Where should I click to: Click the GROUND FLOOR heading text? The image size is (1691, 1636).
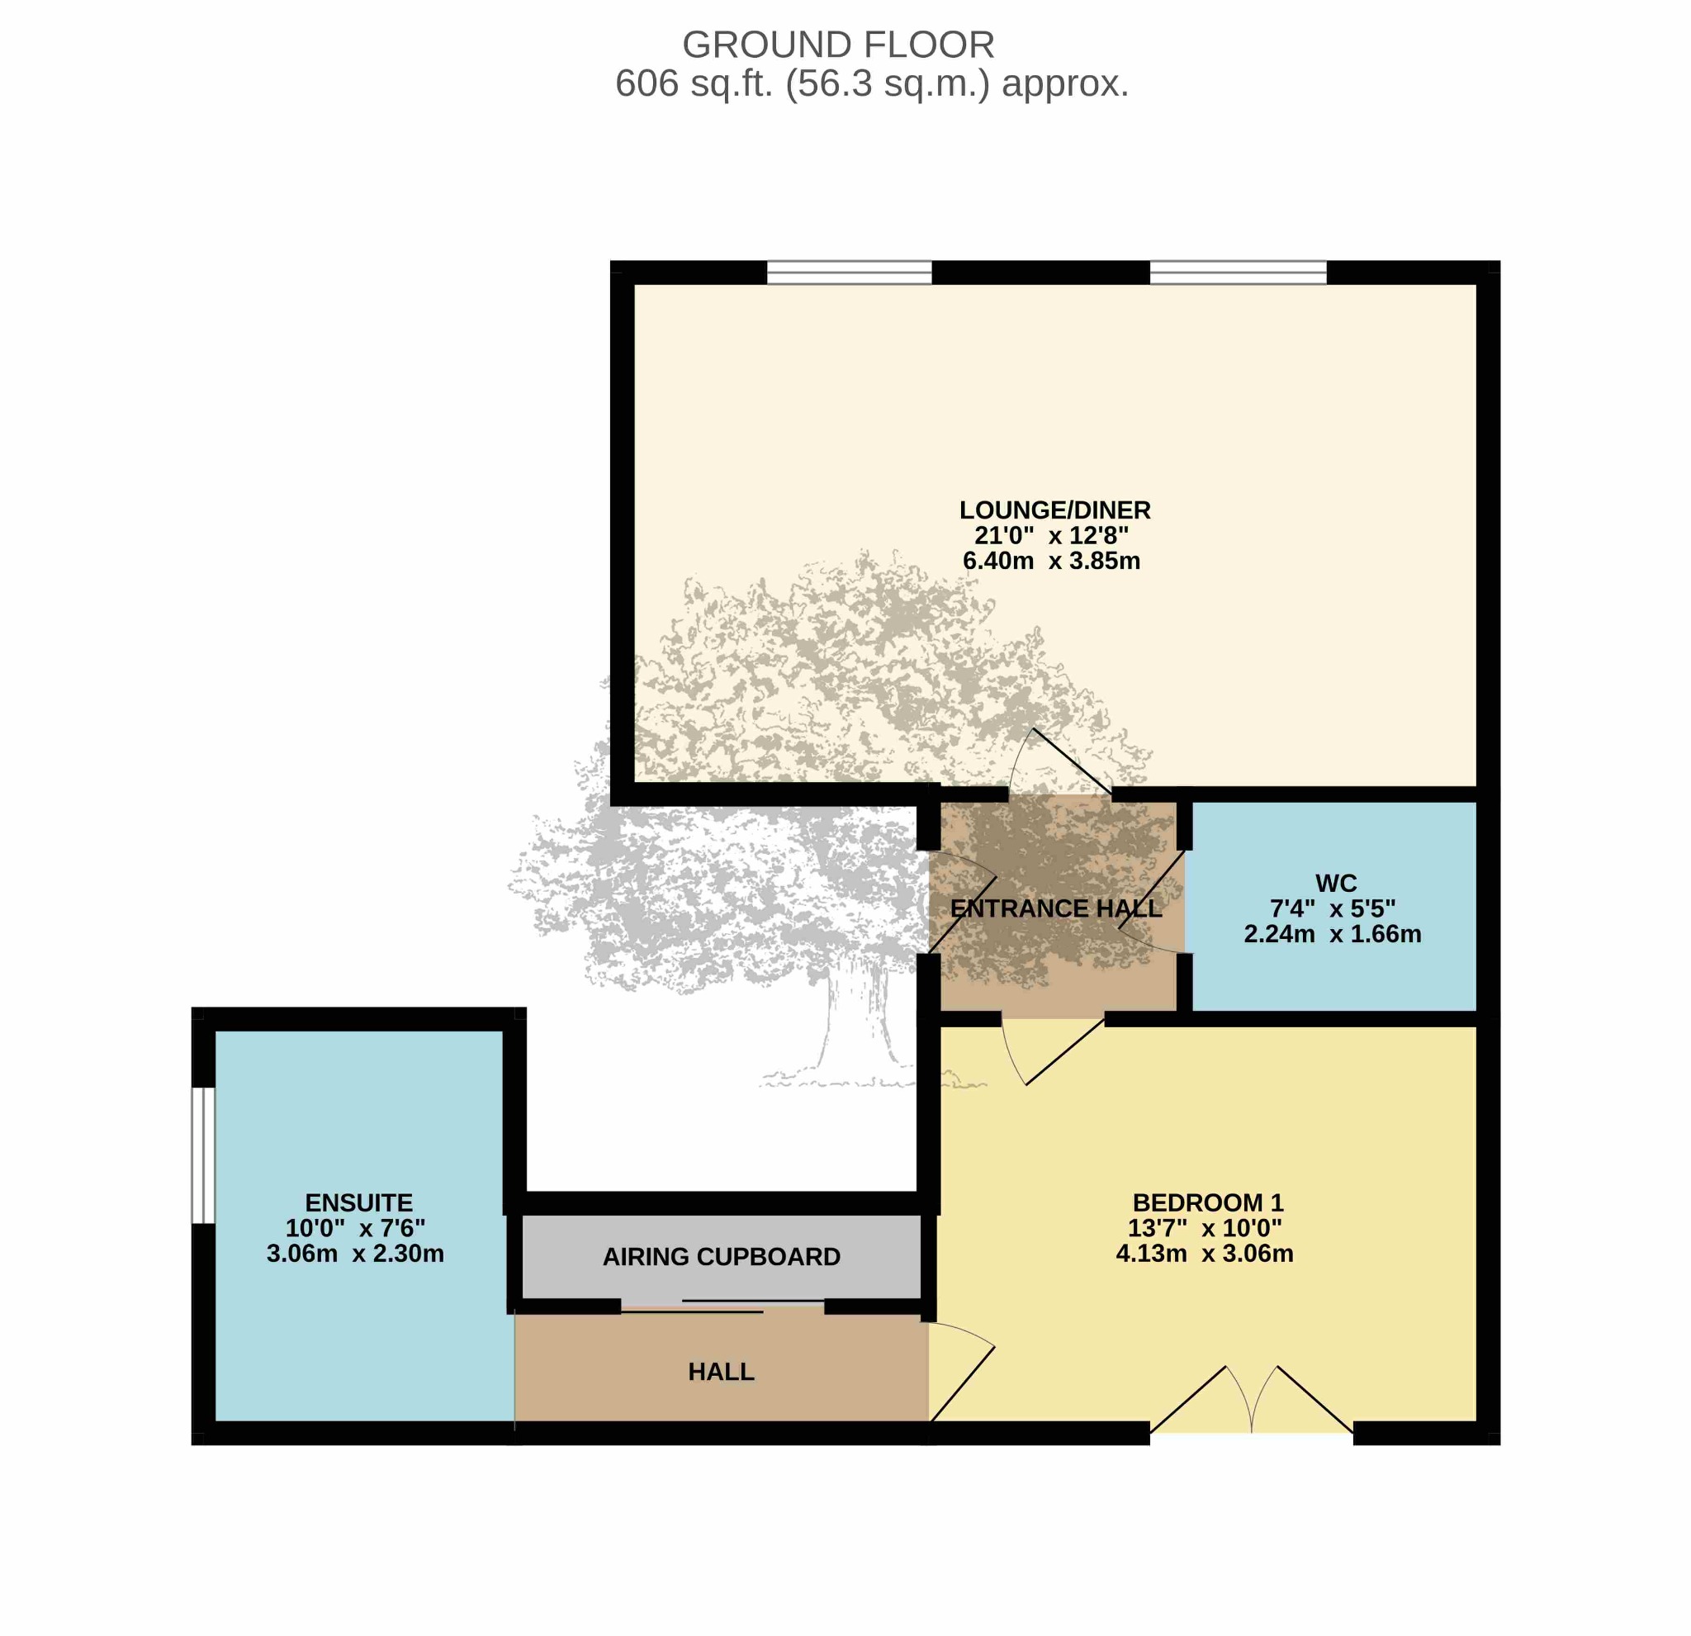[x=838, y=45]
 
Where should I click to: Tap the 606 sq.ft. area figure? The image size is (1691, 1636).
[x=693, y=84]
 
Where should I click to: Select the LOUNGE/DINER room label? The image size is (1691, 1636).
[x=1054, y=510]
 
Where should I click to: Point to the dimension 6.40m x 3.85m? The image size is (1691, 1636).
[x=1051, y=561]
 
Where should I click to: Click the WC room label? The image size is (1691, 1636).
[x=1336, y=883]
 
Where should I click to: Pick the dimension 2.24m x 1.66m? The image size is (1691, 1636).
[x=1332, y=934]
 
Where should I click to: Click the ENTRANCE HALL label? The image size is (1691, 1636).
[x=1055, y=908]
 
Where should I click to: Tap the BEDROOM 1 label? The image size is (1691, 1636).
[x=1208, y=1202]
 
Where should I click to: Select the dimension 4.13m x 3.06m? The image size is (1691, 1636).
[x=1205, y=1253]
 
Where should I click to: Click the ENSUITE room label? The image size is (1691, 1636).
[x=359, y=1202]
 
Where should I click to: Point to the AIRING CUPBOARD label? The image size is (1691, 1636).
[x=722, y=1256]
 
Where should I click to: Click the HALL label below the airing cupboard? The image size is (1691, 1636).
[x=722, y=1371]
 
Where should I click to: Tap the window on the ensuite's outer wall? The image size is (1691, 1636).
[x=203, y=1155]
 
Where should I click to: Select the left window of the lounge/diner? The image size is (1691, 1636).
[x=849, y=272]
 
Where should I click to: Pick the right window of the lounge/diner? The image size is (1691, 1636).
[x=1238, y=272]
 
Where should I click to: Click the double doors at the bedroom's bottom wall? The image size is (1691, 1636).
[x=1251, y=1401]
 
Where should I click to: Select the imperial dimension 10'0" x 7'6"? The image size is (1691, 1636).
[x=355, y=1228]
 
